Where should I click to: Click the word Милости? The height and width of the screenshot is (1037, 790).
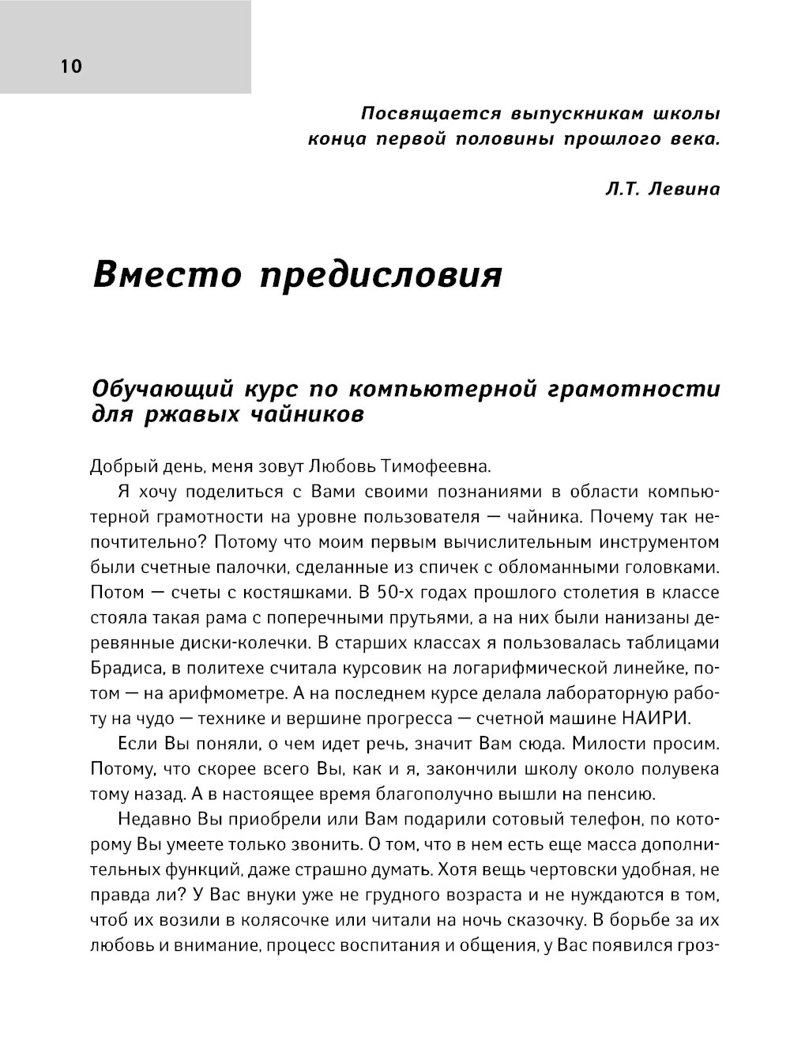601,745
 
